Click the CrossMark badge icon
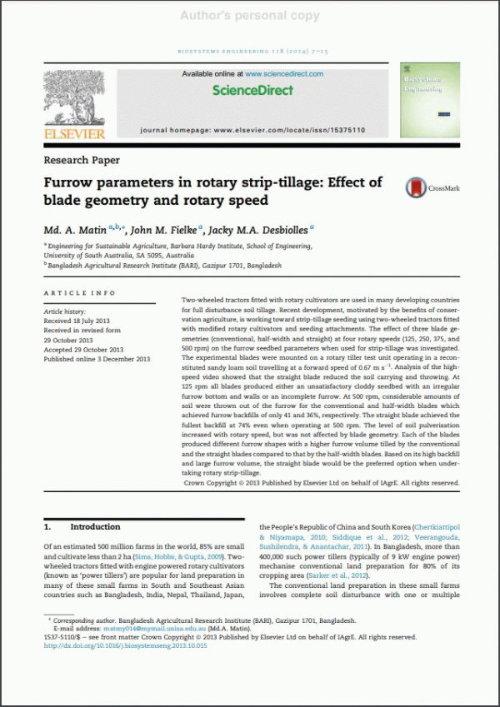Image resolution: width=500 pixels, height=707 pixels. (417, 189)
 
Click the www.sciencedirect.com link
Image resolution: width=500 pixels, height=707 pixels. (283, 74)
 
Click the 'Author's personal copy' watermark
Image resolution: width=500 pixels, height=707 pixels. (250, 15)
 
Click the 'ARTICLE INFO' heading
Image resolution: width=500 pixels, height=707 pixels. (80, 293)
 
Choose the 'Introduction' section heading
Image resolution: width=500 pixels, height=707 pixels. (95, 527)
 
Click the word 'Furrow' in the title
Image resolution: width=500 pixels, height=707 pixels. (70, 183)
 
